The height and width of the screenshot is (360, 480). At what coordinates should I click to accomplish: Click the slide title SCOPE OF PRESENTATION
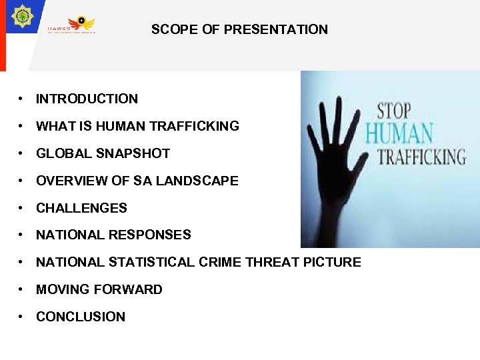point(239,29)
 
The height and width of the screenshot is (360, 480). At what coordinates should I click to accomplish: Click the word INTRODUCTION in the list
point(87,99)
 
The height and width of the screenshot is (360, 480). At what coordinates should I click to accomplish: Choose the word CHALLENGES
point(81,208)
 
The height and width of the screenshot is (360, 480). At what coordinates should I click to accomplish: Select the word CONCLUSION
point(81,317)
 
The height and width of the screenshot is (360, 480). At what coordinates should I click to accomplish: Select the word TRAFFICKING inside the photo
point(421,157)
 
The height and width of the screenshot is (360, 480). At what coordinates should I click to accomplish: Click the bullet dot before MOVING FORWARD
point(22,289)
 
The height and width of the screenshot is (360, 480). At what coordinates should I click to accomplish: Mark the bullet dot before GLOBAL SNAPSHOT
point(22,153)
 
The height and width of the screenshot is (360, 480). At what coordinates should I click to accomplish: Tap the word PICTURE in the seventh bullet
point(331,262)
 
